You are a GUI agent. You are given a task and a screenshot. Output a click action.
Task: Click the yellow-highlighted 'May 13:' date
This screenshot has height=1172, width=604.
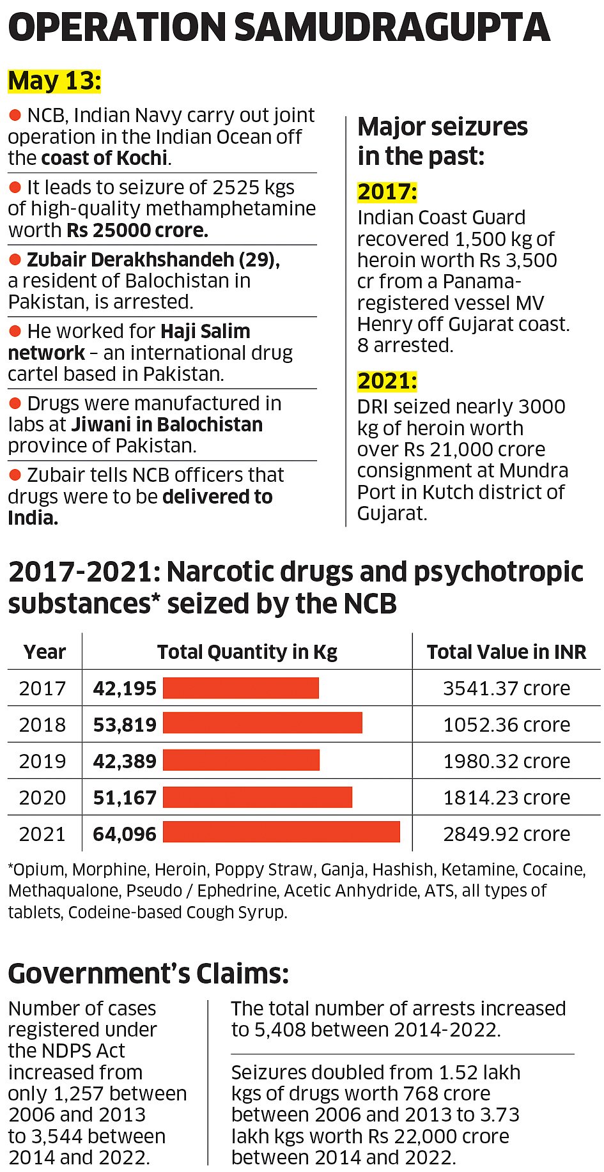tap(54, 81)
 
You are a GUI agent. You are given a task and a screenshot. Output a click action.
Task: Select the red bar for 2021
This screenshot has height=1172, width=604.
tap(281, 833)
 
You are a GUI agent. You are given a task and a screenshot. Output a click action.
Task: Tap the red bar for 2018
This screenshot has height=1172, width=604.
tap(263, 723)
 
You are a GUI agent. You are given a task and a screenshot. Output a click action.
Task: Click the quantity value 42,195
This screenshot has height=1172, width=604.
tap(125, 688)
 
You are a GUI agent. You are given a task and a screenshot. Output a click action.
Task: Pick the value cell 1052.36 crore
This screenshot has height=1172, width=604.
tap(506, 725)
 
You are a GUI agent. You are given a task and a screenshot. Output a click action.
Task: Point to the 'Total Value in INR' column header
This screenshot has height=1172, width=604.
tap(506, 652)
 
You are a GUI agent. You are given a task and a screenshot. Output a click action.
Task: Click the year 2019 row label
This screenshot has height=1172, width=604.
tap(42, 761)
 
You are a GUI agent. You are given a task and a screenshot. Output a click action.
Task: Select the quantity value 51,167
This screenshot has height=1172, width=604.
tap(125, 798)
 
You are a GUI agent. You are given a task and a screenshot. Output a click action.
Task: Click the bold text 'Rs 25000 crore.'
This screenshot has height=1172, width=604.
tap(137, 230)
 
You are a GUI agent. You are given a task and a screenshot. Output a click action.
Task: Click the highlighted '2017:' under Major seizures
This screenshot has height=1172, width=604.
tap(387, 192)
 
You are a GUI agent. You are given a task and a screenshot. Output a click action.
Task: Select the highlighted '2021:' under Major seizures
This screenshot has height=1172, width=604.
tap(387, 381)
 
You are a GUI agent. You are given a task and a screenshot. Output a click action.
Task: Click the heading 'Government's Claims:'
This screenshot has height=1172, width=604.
tap(148, 973)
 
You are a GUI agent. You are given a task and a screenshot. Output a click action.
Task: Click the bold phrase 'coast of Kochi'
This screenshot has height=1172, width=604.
tap(105, 158)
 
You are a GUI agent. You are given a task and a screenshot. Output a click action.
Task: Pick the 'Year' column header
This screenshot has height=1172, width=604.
tap(44, 652)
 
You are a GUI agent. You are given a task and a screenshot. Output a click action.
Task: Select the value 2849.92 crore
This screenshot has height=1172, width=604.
tap(506, 834)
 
